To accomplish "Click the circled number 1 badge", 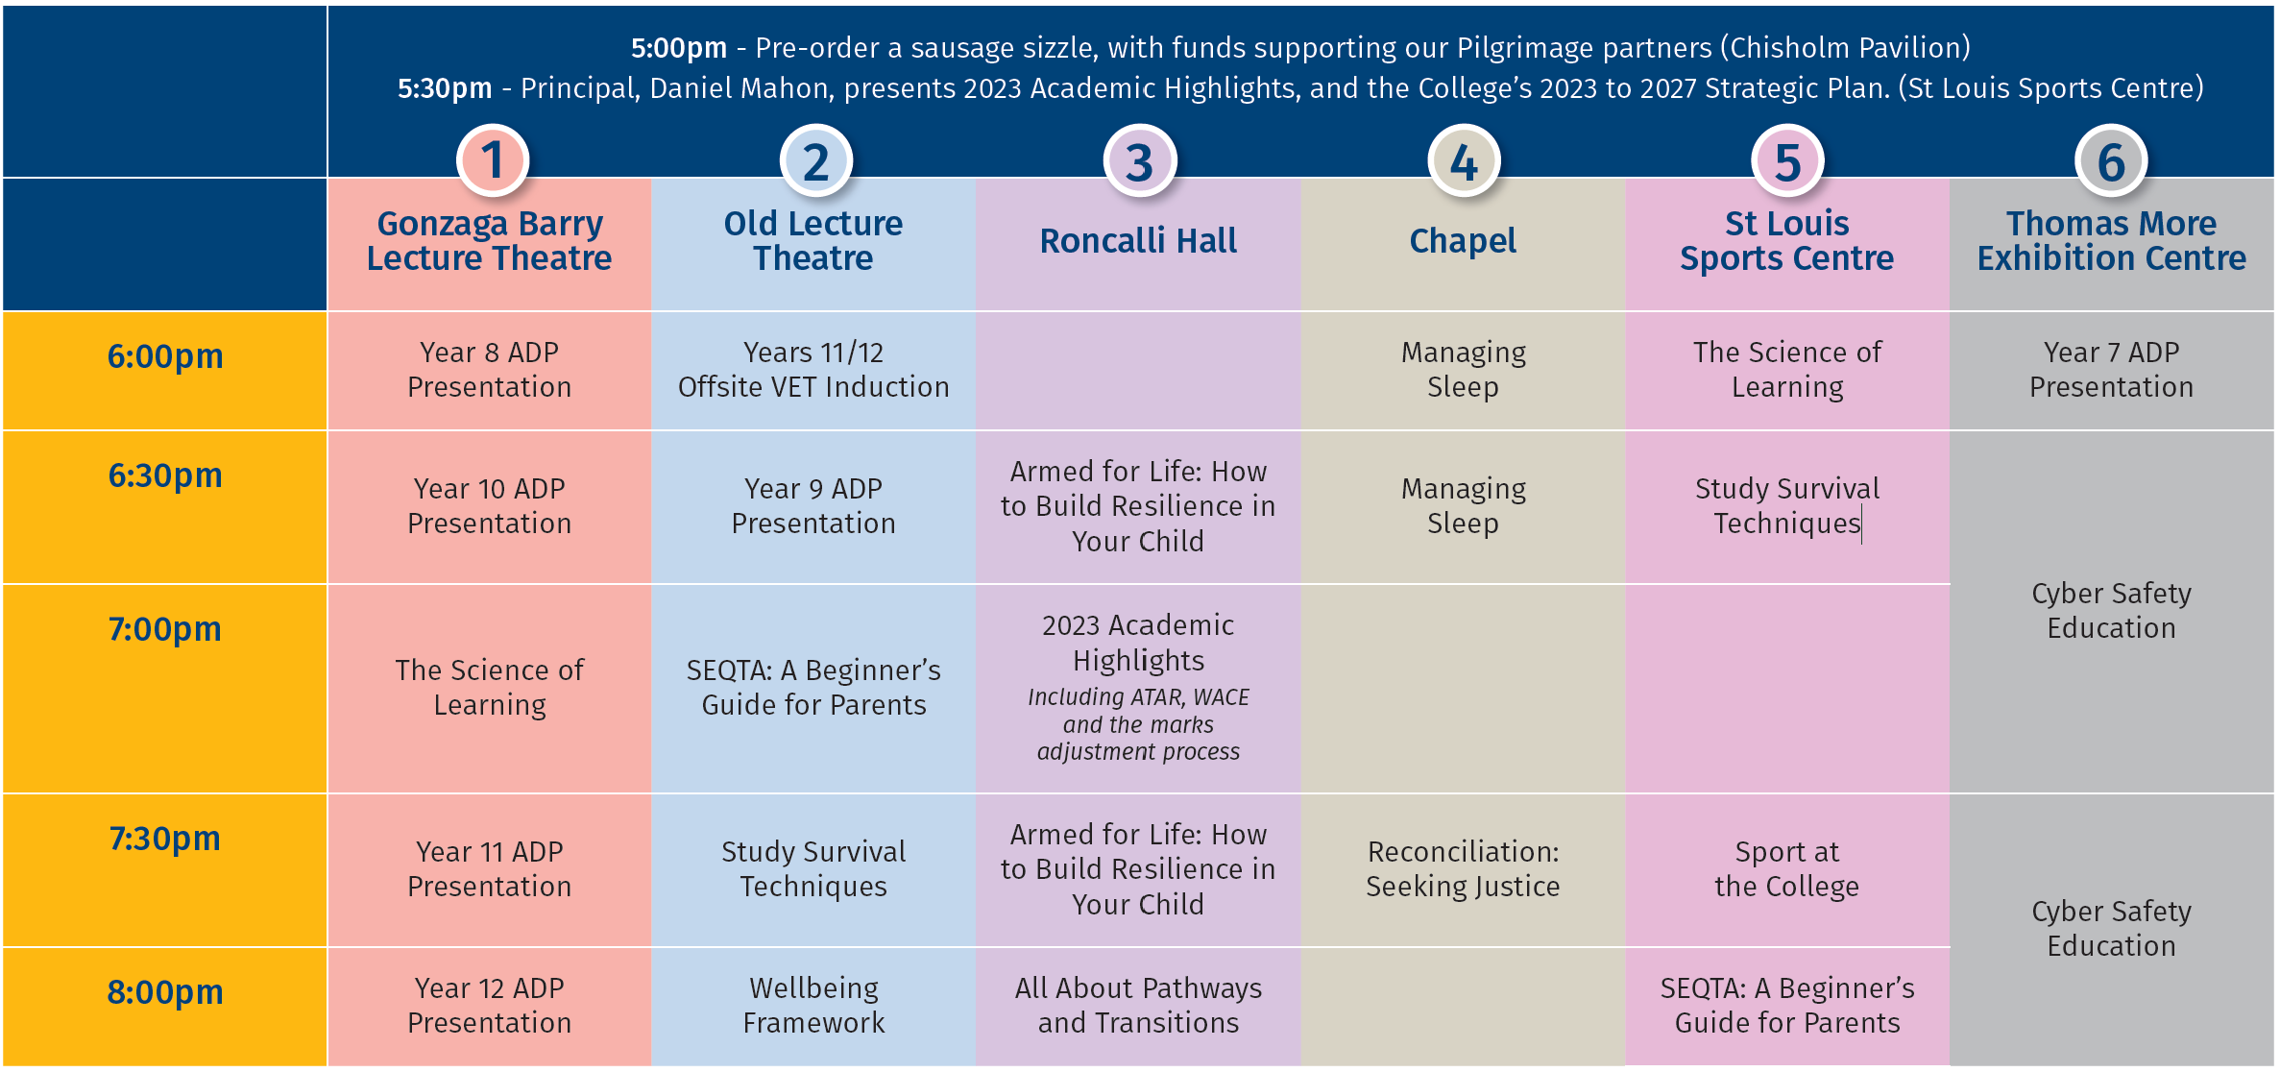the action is (x=492, y=160).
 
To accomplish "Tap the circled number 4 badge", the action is (x=1464, y=160).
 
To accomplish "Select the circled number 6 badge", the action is (x=2111, y=160).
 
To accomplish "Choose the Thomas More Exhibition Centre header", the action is (x=2111, y=240).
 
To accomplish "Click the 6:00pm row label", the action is (x=165, y=356).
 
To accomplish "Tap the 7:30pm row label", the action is (x=165, y=839).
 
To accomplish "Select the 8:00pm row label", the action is (x=165, y=991).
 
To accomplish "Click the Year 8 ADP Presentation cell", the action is (x=490, y=370).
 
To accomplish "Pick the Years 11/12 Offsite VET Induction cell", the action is (x=813, y=370).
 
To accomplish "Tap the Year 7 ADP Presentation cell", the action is (x=2111, y=370).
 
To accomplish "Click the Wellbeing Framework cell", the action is (x=813, y=1005).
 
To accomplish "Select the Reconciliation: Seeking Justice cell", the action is (x=1463, y=868).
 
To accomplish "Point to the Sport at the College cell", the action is (x=1787, y=868).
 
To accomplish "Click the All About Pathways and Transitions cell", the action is (x=1138, y=1005).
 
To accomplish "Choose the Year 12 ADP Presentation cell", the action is (x=490, y=1005).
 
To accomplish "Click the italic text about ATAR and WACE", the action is (x=1138, y=724).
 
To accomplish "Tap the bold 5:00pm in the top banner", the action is (x=679, y=47).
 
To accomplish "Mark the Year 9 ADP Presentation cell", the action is (x=813, y=506).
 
